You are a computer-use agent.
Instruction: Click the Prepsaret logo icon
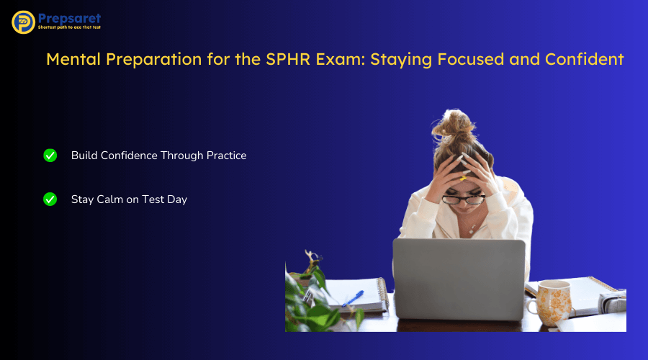point(24,22)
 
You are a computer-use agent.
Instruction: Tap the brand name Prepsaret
point(70,18)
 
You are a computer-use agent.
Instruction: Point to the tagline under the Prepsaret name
point(70,29)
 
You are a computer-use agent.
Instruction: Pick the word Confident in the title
point(588,59)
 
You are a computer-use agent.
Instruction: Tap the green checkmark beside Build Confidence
point(50,156)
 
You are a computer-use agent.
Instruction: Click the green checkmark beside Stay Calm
point(50,199)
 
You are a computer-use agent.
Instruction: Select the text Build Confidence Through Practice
point(158,156)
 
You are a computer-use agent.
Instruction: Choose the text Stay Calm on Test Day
point(129,199)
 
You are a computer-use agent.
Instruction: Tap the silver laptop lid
point(459,277)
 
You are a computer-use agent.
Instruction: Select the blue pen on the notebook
point(353,298)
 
